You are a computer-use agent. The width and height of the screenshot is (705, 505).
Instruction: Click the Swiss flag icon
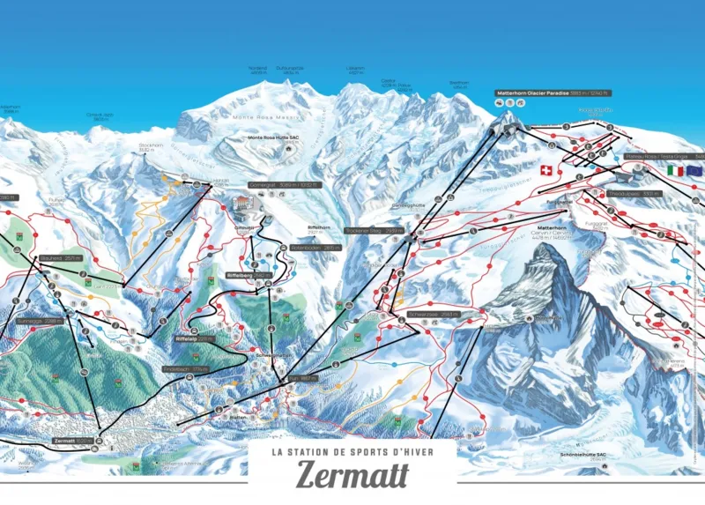pyautogui.click(x=544, y=168)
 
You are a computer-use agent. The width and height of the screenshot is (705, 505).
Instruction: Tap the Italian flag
pyautogui.click(x=676, y=170)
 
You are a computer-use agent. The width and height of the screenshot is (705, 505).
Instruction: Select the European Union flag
pyautogui.click(x=695, y=170)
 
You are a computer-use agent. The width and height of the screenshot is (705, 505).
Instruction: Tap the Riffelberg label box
pyautogui.click(x=249, y=275)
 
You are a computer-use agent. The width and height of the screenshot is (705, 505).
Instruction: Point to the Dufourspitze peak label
pyautogui.click(x=290, y=69)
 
